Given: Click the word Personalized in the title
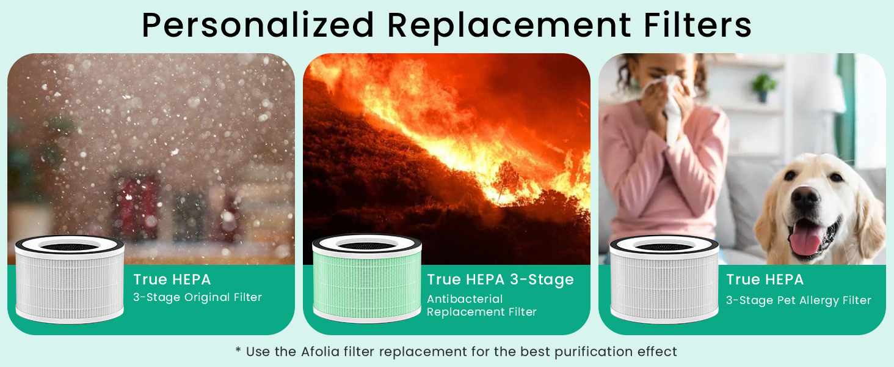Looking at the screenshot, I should point(257,26).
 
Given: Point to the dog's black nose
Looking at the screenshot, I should point(805,198).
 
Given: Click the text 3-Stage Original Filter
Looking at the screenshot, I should point(197,298).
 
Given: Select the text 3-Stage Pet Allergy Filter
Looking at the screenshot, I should point(798,300).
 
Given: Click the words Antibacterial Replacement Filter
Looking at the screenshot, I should point(481,306).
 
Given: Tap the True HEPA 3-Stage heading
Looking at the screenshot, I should point(500,280).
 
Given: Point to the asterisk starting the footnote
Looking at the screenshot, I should point(238,351).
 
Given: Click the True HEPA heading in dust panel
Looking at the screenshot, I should point(172,280).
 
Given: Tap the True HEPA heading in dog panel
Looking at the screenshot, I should point(765,280).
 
